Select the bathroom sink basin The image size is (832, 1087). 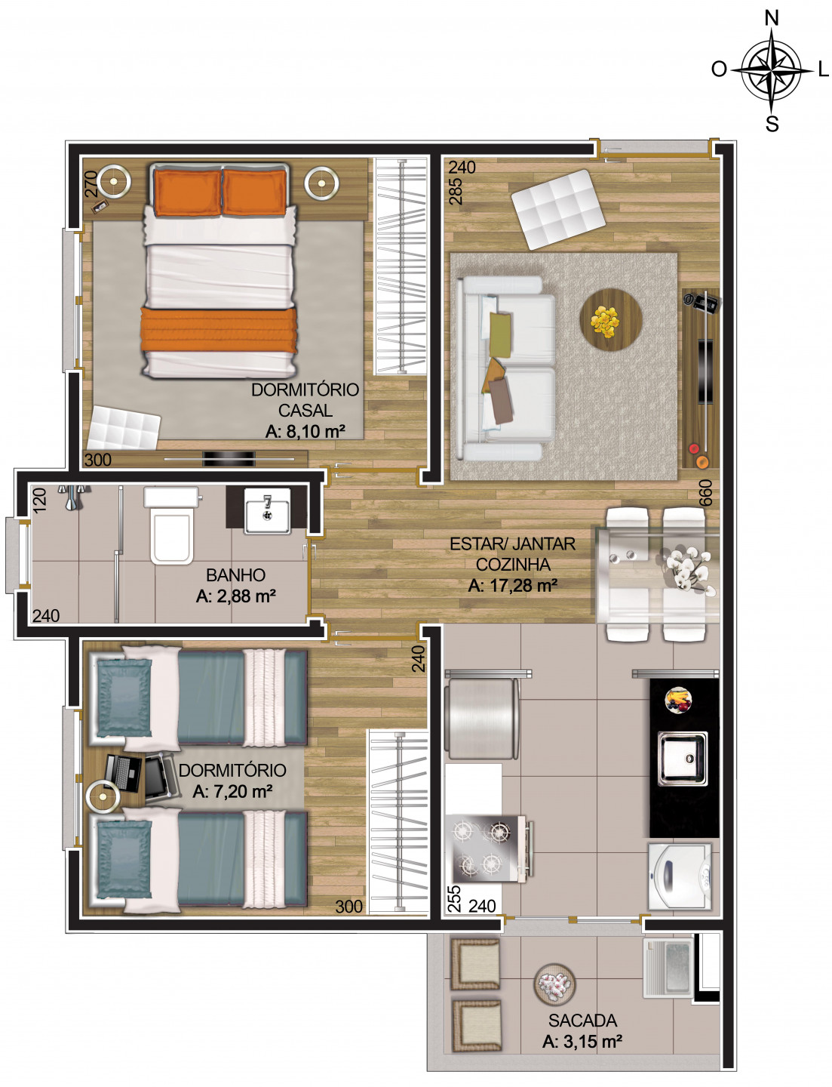tap(267, 511)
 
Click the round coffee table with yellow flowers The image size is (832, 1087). tap(611, 319)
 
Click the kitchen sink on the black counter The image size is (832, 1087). tap(682, 758)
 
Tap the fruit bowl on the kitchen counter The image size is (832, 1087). tap(678, 698)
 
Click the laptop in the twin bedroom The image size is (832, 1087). tap(122, 772)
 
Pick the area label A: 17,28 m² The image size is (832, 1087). tap(512, 585)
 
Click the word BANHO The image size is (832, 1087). tap(235, 574)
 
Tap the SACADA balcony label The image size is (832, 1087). tap(582, 1021)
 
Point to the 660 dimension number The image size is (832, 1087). tap(705, 493)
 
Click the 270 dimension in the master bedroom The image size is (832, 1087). tap(91, 183)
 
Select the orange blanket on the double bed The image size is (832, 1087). tap(219, 330)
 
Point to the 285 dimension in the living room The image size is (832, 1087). tap(456, 192)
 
